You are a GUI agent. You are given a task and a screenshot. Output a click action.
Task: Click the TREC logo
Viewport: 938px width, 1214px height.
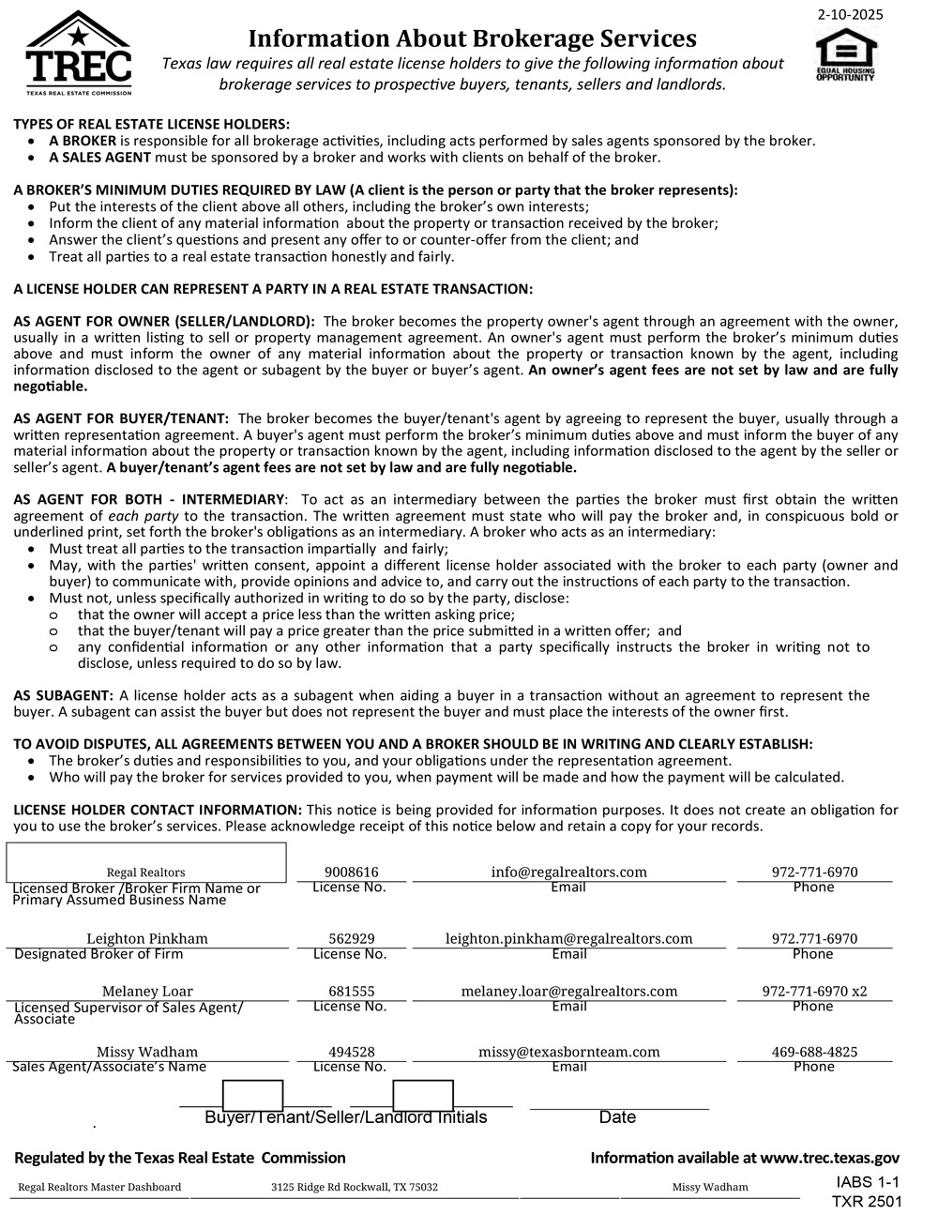(79, 53)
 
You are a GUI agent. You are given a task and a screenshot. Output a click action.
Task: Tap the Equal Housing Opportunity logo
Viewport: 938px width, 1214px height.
(845, 55)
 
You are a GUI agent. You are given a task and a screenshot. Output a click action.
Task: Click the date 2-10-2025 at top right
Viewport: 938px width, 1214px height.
(850, 14)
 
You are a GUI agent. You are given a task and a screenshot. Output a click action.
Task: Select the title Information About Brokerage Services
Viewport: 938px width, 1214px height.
(472, 38)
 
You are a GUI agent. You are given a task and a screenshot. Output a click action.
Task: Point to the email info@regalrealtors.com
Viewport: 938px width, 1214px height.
(568, 872)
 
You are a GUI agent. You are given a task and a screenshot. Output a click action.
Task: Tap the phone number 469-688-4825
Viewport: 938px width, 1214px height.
(814, 1052)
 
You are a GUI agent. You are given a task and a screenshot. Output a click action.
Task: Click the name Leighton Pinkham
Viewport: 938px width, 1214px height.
(147, 938)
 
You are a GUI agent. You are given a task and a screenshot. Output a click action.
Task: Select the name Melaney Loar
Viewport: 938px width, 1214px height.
(147, 991)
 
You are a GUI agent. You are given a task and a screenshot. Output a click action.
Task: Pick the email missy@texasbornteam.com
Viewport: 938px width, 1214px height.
(568, 1052)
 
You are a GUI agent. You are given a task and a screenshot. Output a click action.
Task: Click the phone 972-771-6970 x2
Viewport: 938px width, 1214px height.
(814, 991)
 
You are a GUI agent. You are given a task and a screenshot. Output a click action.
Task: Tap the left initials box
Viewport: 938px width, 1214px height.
(252, 1095)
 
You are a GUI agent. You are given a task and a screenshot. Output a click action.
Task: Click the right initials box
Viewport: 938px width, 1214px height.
(423, 1095)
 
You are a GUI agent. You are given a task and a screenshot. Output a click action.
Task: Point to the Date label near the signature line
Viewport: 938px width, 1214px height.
(617, 1116)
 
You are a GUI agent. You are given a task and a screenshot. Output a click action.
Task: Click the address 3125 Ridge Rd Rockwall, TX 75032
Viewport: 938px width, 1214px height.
(355, 1187)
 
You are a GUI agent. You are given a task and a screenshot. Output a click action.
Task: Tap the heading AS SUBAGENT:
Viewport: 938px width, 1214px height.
(64, 695)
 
